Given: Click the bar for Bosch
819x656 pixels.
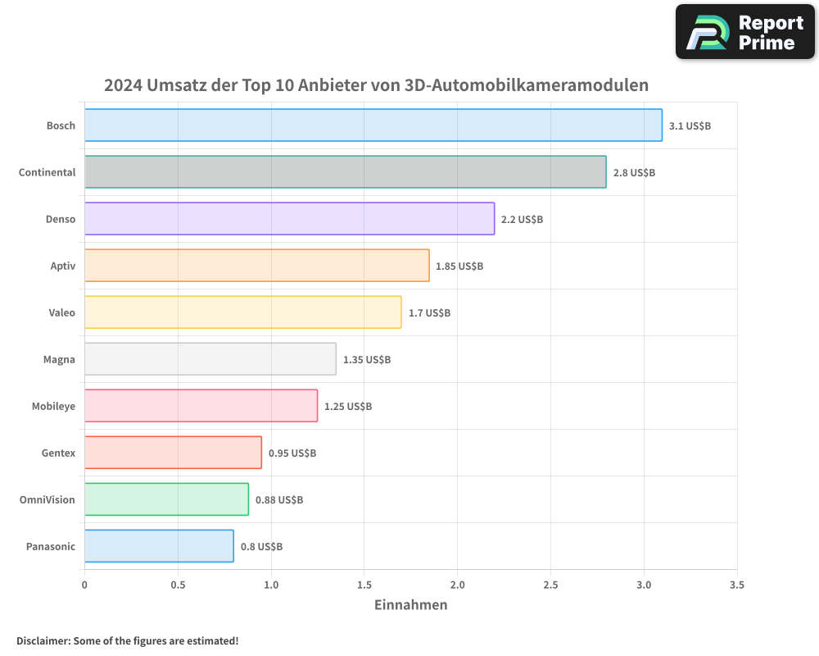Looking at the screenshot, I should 373,125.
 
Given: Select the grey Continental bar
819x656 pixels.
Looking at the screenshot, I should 345,172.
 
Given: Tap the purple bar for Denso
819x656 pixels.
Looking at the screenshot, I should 289,219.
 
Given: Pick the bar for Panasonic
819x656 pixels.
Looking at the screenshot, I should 159,546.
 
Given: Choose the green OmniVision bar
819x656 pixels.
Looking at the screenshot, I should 166,499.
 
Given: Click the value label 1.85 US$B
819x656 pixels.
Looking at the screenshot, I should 459,266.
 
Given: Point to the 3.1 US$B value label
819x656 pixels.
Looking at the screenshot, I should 690,126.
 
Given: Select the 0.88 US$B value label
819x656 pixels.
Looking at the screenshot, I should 279,500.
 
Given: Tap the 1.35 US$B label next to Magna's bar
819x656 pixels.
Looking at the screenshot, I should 367,360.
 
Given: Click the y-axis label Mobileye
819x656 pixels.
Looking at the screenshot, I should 53,406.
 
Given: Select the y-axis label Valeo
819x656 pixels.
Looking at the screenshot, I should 61,312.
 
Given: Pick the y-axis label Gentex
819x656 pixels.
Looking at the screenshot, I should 58,453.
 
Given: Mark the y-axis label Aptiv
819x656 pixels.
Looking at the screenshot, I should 62,266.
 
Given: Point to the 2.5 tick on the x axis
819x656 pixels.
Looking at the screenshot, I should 550,585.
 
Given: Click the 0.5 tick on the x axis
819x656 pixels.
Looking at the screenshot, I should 178,585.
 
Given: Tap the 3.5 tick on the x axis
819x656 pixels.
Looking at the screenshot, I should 736,585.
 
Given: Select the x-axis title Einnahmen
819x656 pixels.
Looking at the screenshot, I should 411,605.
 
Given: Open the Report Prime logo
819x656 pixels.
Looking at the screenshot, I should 745,32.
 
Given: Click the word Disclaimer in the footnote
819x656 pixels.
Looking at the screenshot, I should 43,640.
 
